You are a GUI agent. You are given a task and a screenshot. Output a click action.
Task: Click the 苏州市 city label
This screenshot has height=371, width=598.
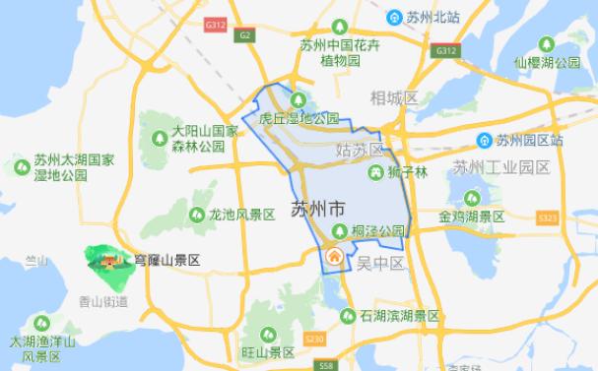coord(318,210)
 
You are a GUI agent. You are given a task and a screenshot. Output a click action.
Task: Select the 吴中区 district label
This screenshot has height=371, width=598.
coord(381,263)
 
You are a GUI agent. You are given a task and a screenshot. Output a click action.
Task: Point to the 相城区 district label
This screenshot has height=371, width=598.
coord(395,98)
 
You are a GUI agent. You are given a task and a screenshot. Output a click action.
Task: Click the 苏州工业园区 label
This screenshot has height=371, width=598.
coord(500,166)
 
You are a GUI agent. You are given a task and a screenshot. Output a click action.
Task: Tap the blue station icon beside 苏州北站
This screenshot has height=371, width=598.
coord(391,17)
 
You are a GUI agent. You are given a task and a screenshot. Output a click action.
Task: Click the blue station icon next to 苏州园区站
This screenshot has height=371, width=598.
coord(484,141)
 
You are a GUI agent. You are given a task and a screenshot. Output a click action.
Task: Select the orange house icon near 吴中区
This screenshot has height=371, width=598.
coord(334,257)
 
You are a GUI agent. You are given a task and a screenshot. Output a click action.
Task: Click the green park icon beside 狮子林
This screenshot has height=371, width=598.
coord(375,173)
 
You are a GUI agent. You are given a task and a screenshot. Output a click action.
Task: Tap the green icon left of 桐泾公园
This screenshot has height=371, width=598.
coord(340,230)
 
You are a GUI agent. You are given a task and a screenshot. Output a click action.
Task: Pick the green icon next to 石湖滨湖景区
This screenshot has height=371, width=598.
coord(347,316)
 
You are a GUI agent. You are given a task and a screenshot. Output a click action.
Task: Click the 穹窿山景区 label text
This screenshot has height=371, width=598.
coord(166,261)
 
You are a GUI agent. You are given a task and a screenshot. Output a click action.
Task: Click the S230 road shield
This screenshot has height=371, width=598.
coord(314,339)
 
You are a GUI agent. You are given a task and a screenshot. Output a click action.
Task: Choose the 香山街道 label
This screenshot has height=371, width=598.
coord(102,300)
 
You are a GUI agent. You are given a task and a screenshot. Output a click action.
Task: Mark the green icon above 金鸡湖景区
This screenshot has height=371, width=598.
coord(458,195)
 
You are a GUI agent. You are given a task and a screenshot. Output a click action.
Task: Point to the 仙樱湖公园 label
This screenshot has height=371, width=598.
coord(548,62)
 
